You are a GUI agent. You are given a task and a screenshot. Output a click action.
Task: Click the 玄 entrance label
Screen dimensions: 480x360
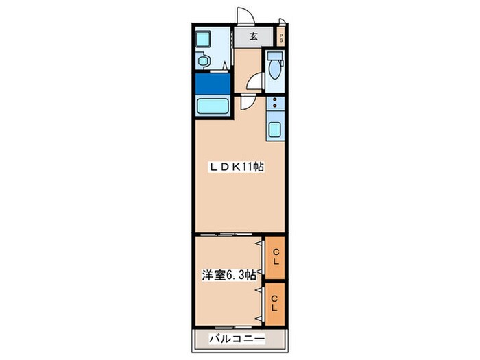pyautogui.click(x=253, y=36)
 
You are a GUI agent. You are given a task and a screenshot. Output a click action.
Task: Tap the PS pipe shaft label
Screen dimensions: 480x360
pyautogui.click(x=281, y=37)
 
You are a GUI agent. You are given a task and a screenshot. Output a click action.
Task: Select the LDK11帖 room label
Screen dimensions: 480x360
pyautogui.click(x=236, y=167)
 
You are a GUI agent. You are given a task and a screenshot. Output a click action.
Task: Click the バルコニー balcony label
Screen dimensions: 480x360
pyautogui.click(x=237, y=339)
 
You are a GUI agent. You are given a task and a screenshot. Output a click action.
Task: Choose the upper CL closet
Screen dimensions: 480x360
pyautogui.click(x=275, y=257)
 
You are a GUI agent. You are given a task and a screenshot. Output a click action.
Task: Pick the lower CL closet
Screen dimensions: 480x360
pyautogui.click(x=275, y=304)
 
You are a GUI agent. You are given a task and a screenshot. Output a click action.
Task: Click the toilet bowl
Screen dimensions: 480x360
pyautogui.click(x=274, y=70)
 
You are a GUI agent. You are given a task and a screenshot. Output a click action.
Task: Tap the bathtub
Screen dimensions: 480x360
pyautogui.click(x=213, y=106)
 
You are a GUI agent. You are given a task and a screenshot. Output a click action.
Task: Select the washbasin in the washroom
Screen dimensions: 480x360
pyautogui.click(x=203, y=60)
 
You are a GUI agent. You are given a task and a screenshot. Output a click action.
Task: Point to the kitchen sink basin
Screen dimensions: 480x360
pyautogui.click(x=274, y=130)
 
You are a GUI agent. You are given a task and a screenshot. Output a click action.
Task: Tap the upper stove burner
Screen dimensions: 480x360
pyautogui.click(x=274, y=99)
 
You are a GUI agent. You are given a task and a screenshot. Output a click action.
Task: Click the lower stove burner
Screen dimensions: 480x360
pyautogui.click(x=274, y=106)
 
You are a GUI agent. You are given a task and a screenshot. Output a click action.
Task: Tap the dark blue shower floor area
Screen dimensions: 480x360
pyautogui.click(x=213, y=84)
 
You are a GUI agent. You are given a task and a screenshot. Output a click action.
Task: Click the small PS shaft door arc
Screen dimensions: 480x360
pyautogui.click(x=283, y=20)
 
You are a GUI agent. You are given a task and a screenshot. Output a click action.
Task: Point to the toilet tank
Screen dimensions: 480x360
pyautogui.click(x=274, y=56)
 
